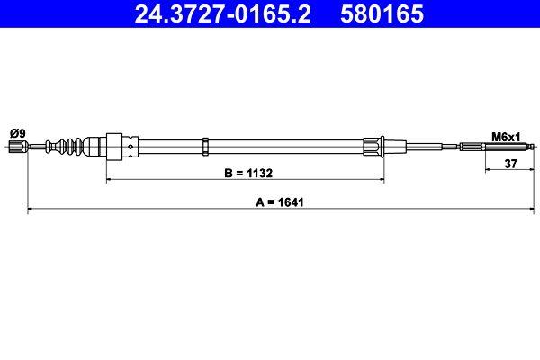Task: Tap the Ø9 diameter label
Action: click(x=16, y=133)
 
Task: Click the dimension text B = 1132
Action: click(x=246, y=171)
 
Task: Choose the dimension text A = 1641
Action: click(x=279, y=202)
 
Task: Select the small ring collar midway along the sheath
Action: click(x=207, y=146)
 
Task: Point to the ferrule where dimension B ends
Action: click(x=373, y=146)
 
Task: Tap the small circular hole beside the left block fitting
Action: click(x=132, y=146)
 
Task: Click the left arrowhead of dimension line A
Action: click(x=31, y=211)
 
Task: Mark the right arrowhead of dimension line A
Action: click(x=535, y=211)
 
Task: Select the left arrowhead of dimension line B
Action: click(x=109, y=180)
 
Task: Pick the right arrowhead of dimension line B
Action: click(x=383, y=180)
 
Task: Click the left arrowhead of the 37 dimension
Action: click(x=487, y=169)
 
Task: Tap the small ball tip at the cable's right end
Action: click(x=535, y=146)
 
